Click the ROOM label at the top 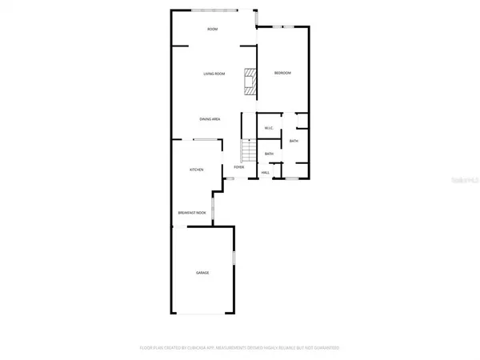212,30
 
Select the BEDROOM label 282,74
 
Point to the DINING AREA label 210,119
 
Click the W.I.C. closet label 270,128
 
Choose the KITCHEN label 196,170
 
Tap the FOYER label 238,167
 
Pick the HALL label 266,172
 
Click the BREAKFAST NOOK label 191,213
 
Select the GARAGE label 203,273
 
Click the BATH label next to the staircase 270,154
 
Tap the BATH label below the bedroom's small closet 294,142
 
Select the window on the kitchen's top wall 207,139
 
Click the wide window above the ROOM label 214,10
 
